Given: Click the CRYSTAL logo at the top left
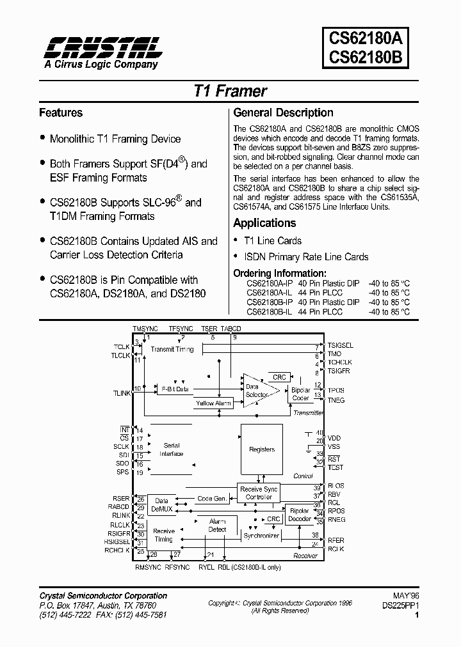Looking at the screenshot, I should (102, 46).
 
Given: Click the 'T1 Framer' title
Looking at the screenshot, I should (230, 91).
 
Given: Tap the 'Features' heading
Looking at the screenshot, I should (61, 113).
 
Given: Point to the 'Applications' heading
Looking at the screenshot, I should (264, 223).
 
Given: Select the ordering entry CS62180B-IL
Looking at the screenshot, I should (270, 311).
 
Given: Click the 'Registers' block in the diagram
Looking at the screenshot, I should (261, 449).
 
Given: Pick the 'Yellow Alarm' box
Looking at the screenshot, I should (213, 403).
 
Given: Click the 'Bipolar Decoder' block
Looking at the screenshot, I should (299, 515).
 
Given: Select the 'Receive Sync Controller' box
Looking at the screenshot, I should (259, 492).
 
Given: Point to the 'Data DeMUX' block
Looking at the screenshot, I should (161, 505).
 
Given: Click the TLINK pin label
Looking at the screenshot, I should (121, 394).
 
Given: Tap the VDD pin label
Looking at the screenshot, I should (334, 438).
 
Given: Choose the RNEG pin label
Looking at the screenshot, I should (336, 520).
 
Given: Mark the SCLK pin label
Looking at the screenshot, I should (121, 447).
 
